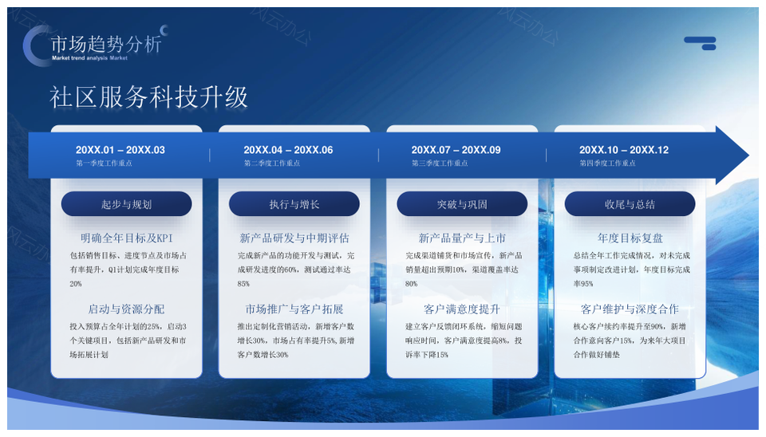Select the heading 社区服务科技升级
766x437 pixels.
(x=149, y=97)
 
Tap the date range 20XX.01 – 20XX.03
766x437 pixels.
(x=120, y=150)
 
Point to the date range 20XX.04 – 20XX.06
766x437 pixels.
(x=288, y=150)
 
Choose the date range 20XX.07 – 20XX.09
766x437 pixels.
(x=456, y=150)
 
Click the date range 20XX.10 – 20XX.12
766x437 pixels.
(x=624, y=150)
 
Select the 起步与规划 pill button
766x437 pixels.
(x=126, y=204)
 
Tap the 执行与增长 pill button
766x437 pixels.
(x=294, y=204)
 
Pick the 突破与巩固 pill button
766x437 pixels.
(x=462, y=204)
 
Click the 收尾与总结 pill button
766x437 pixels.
(x=630, y=204)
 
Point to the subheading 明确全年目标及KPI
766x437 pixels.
(x=126, y=238)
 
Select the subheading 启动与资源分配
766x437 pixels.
(x=126, y=309)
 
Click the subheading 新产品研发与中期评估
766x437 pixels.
(x=294, y=238)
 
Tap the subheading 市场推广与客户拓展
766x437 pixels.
(x=294, y=309)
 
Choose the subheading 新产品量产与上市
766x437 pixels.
(x=462, y=238)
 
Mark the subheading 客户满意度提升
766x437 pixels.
(x=462, y=309)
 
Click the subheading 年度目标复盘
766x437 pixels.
(x=630, y=238)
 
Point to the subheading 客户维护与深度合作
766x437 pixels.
(x=630, y=309)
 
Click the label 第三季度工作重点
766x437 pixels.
(x=440, y=163)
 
